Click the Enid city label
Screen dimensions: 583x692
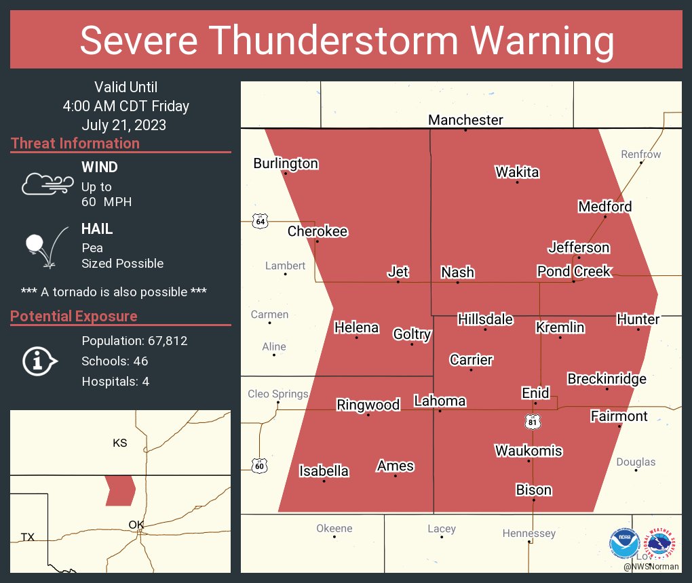(535, 393)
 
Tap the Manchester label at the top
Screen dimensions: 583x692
(465, 120)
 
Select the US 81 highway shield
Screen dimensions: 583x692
(533, 422)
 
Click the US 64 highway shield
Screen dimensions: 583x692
(259, 222)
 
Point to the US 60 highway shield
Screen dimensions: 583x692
(259, 466)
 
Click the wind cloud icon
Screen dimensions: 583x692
(46, 184)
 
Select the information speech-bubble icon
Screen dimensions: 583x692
(39, 361)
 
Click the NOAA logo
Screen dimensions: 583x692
(623, 543)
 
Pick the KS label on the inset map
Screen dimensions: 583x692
(119, 443)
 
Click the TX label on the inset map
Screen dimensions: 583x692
(27, 537)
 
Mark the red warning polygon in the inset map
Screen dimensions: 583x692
(120, 489)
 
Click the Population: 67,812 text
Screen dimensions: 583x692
(134, 341)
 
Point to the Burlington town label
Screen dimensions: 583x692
(286, 163)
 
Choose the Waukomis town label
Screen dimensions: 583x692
(528, 451)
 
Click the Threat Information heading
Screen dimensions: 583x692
(75, 144)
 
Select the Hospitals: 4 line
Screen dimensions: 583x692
(115, 382)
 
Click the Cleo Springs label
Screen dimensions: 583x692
(277, 394)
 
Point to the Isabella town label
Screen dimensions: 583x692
(324, 471)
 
